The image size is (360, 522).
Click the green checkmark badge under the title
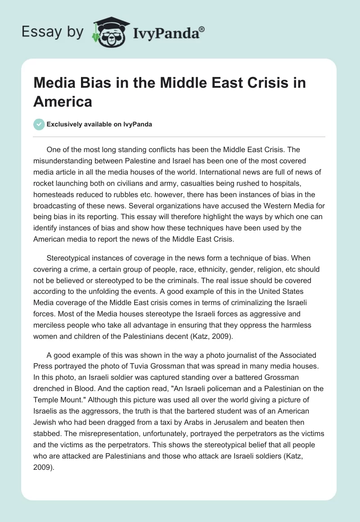pos(39,124)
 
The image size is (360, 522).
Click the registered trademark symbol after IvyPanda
pos(202,29)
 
